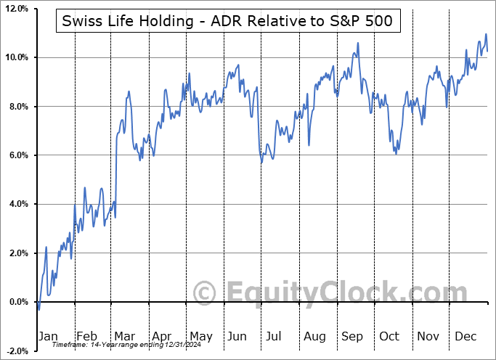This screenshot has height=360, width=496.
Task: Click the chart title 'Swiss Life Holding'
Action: pyautogui.click(x=227, y=21)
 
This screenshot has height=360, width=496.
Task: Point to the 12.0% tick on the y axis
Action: pyautogui.click(x=16, y=9)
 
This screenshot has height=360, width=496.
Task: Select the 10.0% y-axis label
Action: pyautogui.click(x=16, y=57)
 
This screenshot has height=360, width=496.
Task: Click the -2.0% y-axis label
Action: pyautogui.click(x=16, y=351)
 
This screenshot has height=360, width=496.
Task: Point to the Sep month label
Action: pyautogui.click(x=352, y=337)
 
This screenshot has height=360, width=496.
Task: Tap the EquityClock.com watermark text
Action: pyautogui.click(x=320, y=293)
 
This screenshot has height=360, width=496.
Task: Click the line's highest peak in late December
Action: pyautogui.click(x=486, y=34)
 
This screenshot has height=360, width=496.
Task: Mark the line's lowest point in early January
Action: pyautogui.click(x=38, y=309)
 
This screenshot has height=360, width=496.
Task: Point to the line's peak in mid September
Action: pyautogui.click(x=357, y=44)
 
